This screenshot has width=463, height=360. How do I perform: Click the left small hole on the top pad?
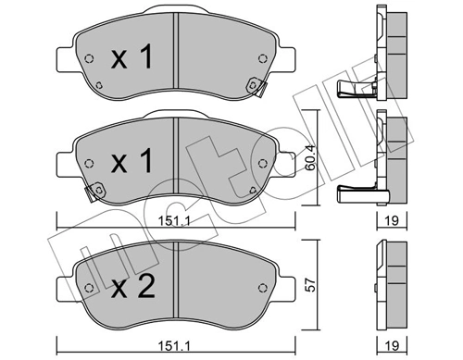tap(88, 60)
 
